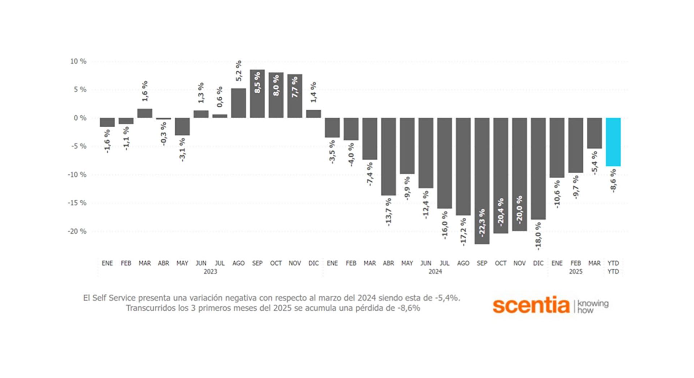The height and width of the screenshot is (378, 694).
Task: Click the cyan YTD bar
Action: [613, 142]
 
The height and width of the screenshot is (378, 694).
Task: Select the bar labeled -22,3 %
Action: [482, 181]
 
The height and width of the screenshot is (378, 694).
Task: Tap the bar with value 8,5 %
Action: [257, 94]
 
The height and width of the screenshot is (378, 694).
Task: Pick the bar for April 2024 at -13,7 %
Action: [388, 156]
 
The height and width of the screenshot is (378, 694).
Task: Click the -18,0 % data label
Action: [538, 236]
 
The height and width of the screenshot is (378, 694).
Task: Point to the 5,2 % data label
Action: [239, 71]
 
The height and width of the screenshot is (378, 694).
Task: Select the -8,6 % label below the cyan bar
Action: [613, 181]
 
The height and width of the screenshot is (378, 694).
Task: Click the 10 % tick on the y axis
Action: [78, 61]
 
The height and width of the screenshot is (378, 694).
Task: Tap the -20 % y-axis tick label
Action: [77, 231]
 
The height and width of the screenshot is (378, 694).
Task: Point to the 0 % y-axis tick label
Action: [80, 118]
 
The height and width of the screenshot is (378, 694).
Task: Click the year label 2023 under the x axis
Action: [210, 272]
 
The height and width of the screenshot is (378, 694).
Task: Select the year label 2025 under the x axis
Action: [575, 272]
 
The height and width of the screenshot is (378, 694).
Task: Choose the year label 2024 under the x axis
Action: [435, 272]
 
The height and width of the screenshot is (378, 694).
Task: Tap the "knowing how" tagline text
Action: [592, 306]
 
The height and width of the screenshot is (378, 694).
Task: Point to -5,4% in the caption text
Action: [447, 298]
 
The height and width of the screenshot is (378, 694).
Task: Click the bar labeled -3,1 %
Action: [182, 127]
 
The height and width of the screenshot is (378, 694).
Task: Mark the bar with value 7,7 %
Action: [295, 96]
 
